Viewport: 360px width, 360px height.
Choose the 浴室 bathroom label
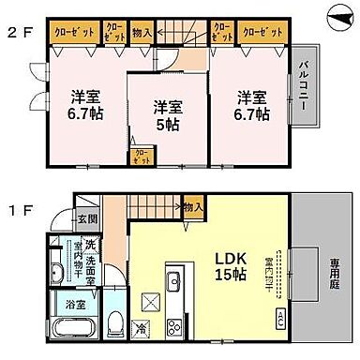(74, 305)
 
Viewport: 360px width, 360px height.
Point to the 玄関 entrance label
(85, 219)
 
